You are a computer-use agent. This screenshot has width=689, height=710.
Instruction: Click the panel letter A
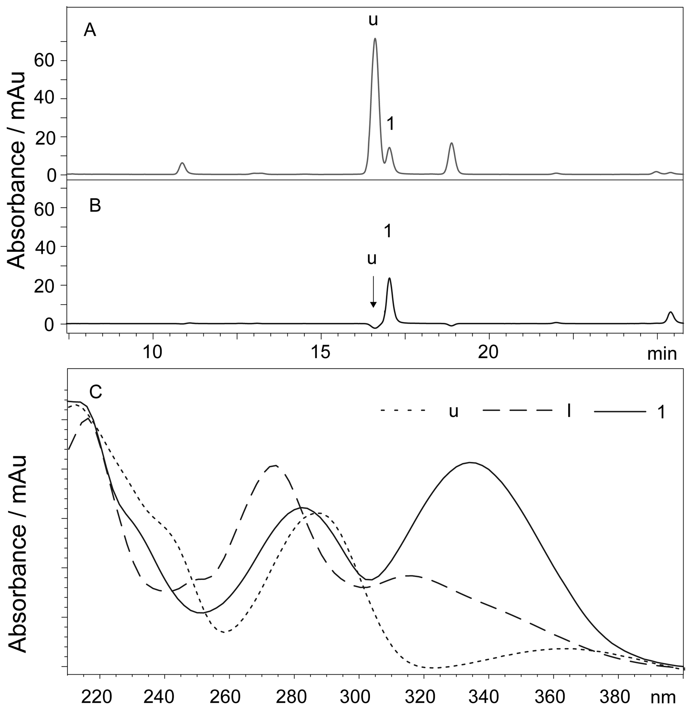click(90, 30)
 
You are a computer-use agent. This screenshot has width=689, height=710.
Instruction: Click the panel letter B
click(95, 206)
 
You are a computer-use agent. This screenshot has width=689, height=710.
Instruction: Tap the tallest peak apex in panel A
click(375, 39)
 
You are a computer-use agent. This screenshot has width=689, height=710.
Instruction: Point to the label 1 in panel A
click(390, 124)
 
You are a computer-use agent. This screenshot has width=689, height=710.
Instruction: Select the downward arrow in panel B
click(373, 292)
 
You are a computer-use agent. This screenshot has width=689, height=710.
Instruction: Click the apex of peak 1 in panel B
click(389, 278)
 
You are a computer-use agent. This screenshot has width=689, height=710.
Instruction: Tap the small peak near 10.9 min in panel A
click(182, 163)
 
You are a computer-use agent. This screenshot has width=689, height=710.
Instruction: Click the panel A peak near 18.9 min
click(451, 144)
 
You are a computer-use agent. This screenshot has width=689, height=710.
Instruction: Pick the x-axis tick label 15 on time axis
click(321, 352)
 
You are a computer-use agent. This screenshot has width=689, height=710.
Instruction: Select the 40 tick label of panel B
click(46, 247)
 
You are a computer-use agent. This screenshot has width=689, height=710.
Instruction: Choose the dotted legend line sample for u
click(402, 410)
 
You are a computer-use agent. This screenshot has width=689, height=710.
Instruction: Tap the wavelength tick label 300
click(359, 696)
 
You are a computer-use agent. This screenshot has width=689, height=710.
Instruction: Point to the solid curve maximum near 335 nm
click(470, 463)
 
